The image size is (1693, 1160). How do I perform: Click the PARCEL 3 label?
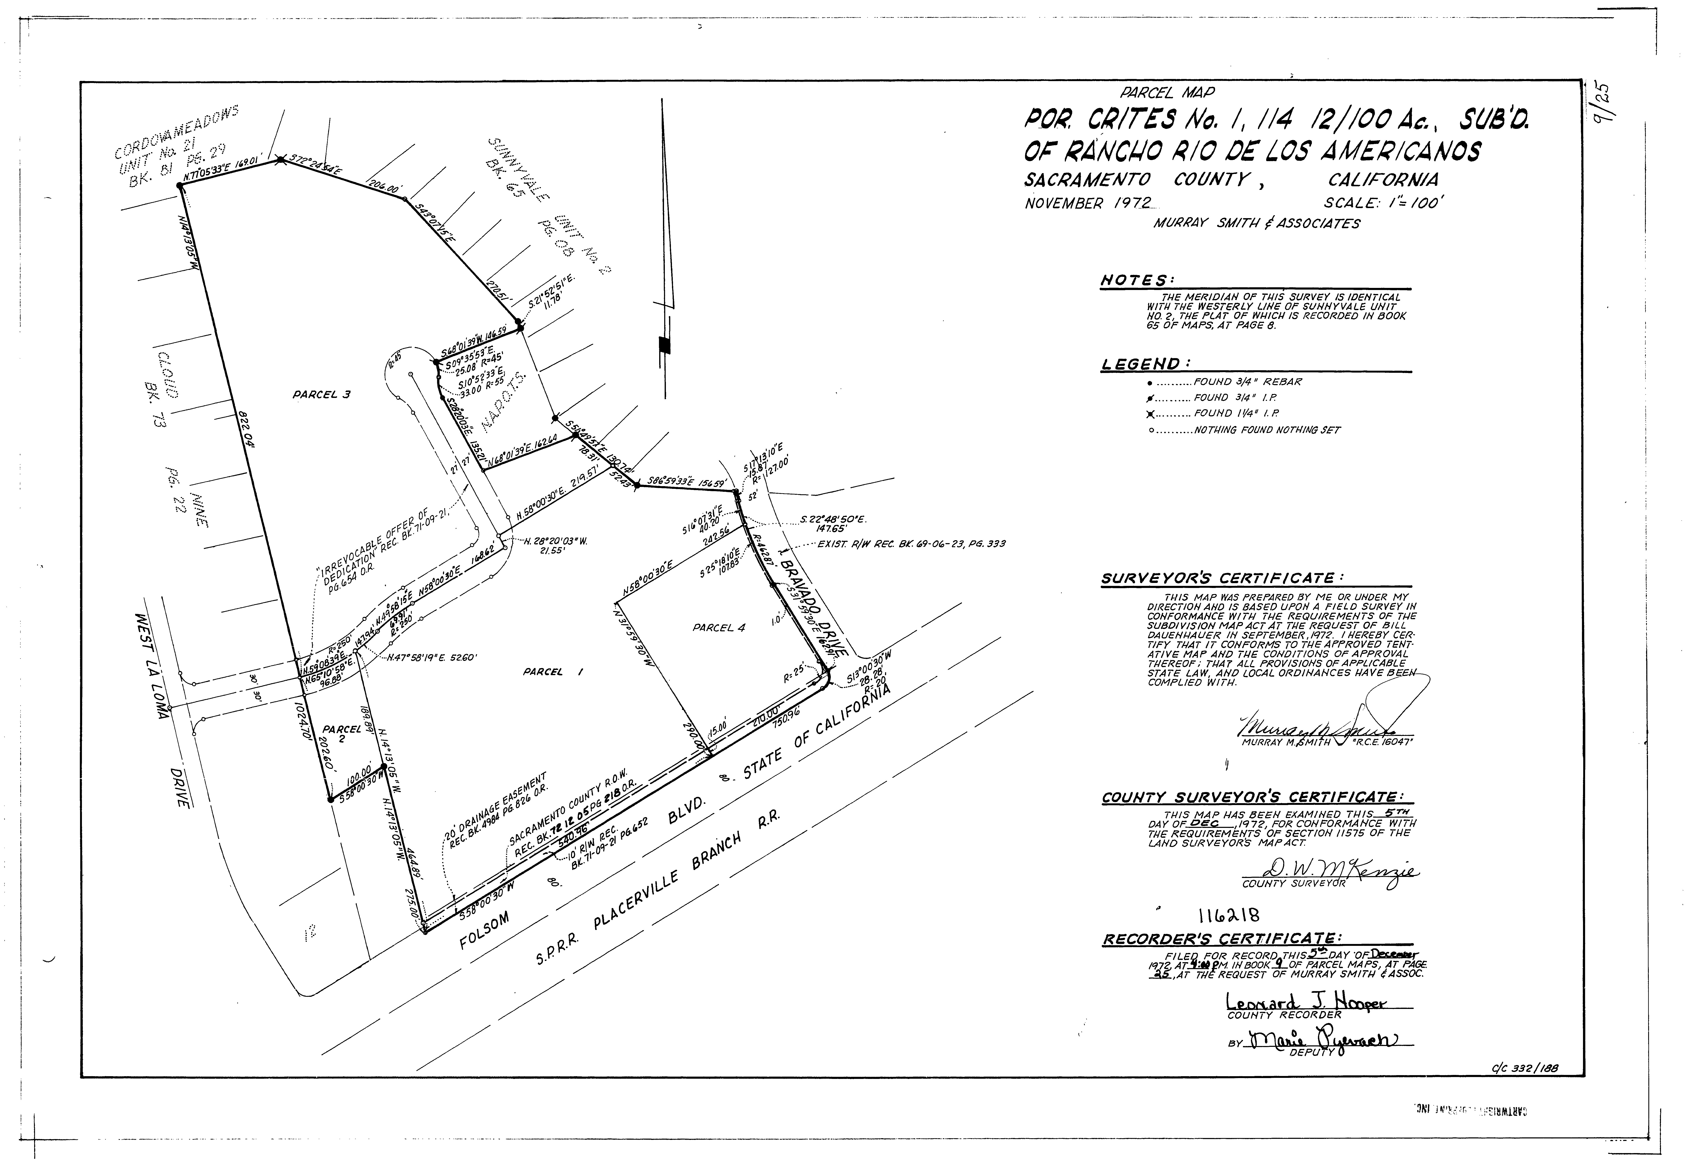(321, 395)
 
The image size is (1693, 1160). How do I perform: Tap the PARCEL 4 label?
(718, 627)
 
